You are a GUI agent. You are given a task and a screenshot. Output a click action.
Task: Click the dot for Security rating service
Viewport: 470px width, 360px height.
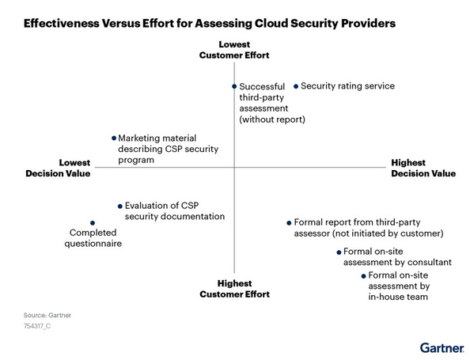coord(296,86)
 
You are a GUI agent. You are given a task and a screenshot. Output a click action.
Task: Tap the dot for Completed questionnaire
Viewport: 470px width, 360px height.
coord(93,223)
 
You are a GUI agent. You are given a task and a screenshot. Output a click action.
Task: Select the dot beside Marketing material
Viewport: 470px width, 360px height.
coord(114,138)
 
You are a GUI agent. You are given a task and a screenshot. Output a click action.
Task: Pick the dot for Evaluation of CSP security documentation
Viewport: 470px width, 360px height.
coord(120,207)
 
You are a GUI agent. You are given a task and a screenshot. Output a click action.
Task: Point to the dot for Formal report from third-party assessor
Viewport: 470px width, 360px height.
coord(289,223)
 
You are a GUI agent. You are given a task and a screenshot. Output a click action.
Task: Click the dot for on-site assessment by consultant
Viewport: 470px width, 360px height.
coord(339,252)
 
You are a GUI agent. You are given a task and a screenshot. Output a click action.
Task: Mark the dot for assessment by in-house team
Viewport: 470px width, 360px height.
coord(364,276)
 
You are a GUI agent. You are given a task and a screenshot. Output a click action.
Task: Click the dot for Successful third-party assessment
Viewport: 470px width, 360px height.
coord(234,86)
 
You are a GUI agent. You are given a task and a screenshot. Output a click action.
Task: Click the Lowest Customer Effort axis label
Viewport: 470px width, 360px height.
coord(234,50)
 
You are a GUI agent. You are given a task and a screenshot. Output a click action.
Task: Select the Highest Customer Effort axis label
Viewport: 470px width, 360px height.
coord(235,289)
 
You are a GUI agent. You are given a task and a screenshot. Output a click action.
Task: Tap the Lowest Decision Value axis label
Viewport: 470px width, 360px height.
coord(58,169)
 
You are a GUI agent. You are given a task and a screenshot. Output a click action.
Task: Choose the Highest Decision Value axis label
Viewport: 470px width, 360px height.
coord(423,169)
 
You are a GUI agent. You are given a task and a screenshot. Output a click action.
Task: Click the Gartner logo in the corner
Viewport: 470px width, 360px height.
coord(442,348)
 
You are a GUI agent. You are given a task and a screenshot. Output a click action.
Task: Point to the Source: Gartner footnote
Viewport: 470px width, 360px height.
coord(47,316)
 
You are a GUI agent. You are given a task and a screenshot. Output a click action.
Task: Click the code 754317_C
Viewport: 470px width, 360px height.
coord(37,326)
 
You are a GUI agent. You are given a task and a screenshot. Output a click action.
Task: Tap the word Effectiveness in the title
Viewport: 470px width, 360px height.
coord(62,24)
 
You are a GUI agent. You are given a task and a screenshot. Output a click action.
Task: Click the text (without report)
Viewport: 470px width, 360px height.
coord(272,119)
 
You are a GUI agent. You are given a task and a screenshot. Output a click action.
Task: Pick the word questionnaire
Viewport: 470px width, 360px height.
coord(93,244)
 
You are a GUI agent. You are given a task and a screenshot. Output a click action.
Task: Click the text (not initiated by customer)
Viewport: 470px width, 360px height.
coord(388,233)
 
